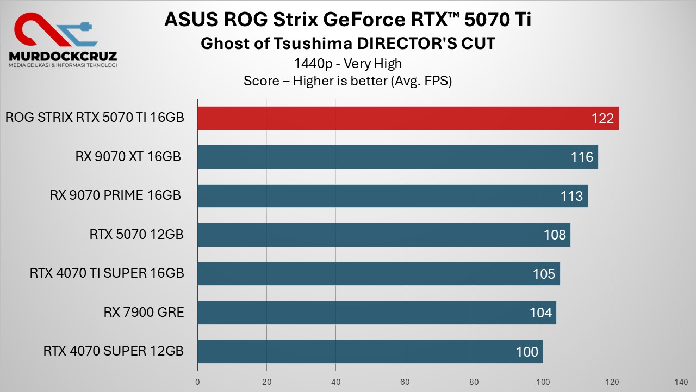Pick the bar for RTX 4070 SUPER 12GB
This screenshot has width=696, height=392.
(370, 352)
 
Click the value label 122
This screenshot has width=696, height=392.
(602, 119)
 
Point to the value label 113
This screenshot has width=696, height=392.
(571, 196)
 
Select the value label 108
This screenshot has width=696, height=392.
(555, 235)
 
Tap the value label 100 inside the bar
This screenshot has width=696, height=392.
(527, 352)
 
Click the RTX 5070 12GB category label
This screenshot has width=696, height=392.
(136, 235)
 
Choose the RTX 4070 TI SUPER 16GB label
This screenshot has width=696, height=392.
(107, 273)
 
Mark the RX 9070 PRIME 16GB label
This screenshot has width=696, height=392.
(115, 195)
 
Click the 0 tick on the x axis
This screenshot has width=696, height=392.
(197, 382)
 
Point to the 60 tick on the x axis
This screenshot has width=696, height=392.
(405, 382)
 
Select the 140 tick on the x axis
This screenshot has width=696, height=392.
(681, 382)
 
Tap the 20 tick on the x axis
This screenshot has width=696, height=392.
(266, 382)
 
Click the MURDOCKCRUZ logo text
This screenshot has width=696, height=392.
(63, 56)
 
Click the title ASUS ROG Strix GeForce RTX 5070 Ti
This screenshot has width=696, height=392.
(347, 20)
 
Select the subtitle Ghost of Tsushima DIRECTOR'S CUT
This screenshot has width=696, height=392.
(348, 44)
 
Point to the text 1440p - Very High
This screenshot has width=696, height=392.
(348, 64)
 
